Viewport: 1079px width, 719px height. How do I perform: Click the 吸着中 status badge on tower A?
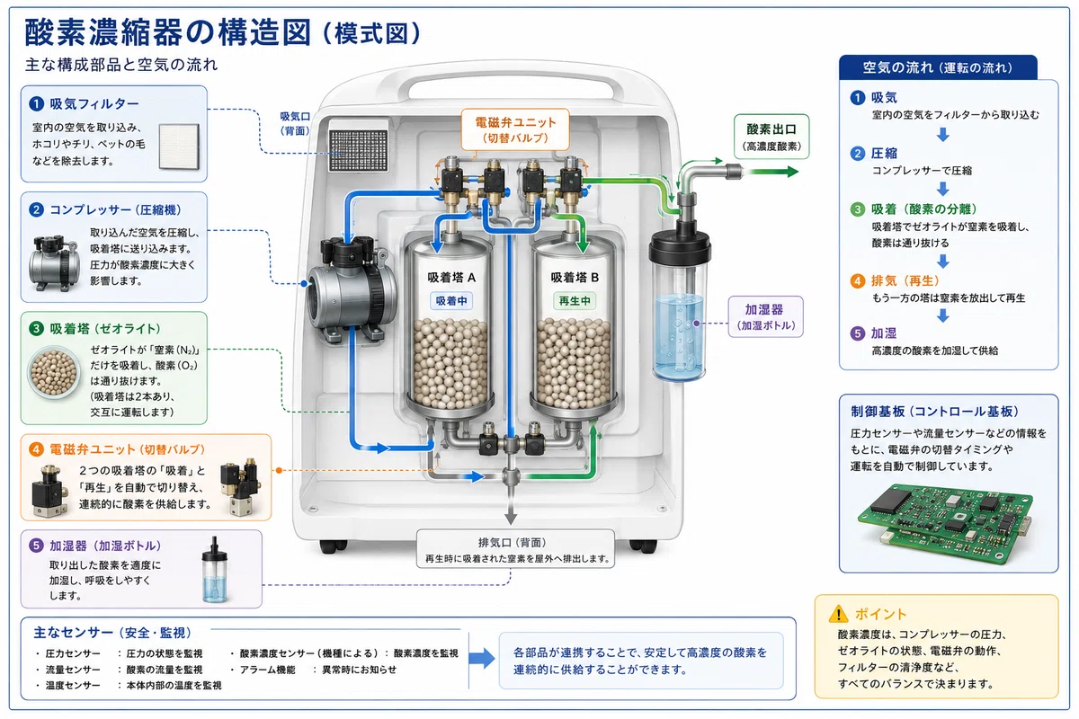(451, 301)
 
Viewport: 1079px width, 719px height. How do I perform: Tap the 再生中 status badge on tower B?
(575, 301)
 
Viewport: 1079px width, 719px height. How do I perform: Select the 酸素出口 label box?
(771, 137)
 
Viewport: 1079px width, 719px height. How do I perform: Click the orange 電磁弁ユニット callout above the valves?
(515, 129)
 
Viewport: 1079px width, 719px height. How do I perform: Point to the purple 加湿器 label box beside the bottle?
(765, 316)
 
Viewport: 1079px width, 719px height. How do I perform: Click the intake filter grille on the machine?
(359, 150)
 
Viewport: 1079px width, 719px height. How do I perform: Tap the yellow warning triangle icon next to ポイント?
(839, 614)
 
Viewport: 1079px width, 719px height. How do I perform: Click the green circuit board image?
(945, 522)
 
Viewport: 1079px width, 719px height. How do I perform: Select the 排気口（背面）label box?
(515, 549)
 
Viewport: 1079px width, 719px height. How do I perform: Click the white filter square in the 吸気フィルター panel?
(179, 146)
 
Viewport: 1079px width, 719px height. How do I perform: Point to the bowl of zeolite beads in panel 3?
(53, 371)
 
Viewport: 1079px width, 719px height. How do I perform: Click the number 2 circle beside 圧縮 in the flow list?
(858, 154)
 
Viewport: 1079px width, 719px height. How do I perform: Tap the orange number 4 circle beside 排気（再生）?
(858, 280)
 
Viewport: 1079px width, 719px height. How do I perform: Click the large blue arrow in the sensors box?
(482, 658)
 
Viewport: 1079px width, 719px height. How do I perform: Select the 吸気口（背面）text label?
(295, 124)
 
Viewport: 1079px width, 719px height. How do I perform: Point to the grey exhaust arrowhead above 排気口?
(511, 519)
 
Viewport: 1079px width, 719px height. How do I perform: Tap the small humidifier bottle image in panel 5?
(214, 570)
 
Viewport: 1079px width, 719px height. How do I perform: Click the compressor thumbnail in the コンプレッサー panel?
(53, 263)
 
